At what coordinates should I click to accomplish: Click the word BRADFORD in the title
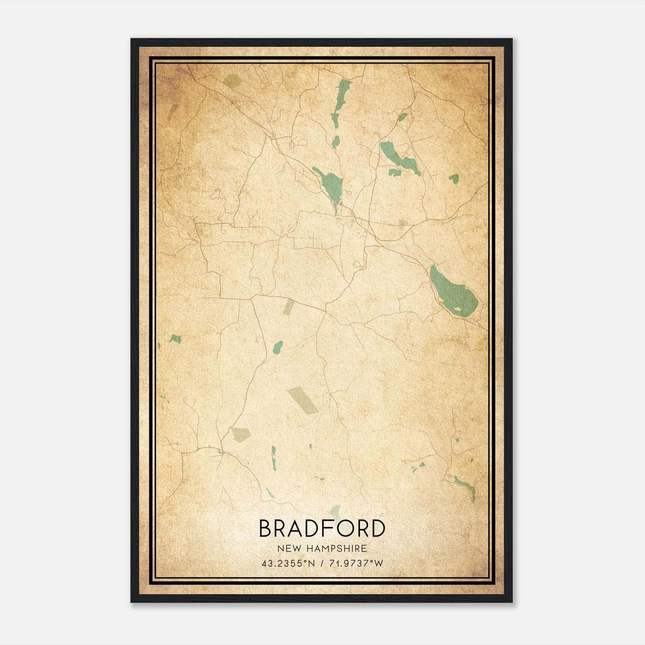tap(322, 528)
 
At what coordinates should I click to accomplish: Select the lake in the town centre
tap(331, 184)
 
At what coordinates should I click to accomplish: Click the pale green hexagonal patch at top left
tap(231, 81)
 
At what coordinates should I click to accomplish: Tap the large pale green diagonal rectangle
tap(302, 400)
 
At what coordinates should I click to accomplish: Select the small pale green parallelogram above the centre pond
tap(288, 307)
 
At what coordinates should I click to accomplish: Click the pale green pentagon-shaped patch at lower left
tap(241, 435)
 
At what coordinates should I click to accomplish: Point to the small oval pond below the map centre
tap(278, 347)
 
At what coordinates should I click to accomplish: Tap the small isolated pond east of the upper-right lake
tap(454, 179)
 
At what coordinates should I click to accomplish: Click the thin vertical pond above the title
tap(274, 458)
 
